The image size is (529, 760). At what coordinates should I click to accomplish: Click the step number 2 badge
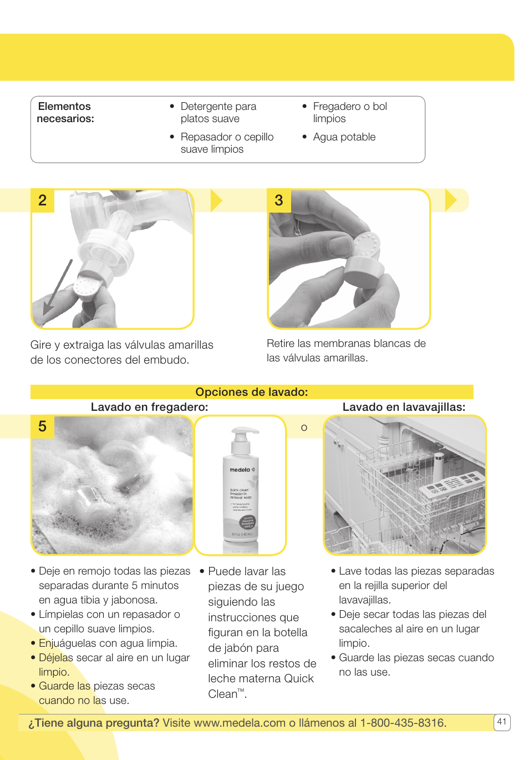click(42, 200)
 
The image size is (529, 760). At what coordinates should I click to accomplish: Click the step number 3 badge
click(279, 200)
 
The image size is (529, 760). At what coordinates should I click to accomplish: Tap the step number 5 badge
click(42, 426)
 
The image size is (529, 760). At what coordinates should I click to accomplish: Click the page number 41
click(501, 722)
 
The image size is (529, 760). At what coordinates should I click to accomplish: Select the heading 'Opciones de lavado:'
click(251, 392)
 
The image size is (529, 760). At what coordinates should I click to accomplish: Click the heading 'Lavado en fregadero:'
click(149, 407)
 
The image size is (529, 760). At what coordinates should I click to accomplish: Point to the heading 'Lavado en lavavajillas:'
click(404, 407)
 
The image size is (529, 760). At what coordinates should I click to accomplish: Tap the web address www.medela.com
click(240, 723)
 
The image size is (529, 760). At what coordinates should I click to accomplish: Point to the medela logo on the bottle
click(240, 470)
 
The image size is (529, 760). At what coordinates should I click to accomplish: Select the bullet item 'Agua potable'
click(344, 137)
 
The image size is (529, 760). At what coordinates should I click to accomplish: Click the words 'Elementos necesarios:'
click(65, 112)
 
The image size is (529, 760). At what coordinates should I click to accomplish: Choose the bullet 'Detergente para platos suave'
click(218, 112)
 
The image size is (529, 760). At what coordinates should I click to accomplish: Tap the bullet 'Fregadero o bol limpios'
click(349, 112)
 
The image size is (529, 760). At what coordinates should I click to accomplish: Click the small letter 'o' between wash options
click(304, 428)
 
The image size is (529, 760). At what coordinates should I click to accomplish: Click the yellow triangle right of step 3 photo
click(451, 200)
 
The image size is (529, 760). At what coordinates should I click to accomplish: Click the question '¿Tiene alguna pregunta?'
click(94, 723)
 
